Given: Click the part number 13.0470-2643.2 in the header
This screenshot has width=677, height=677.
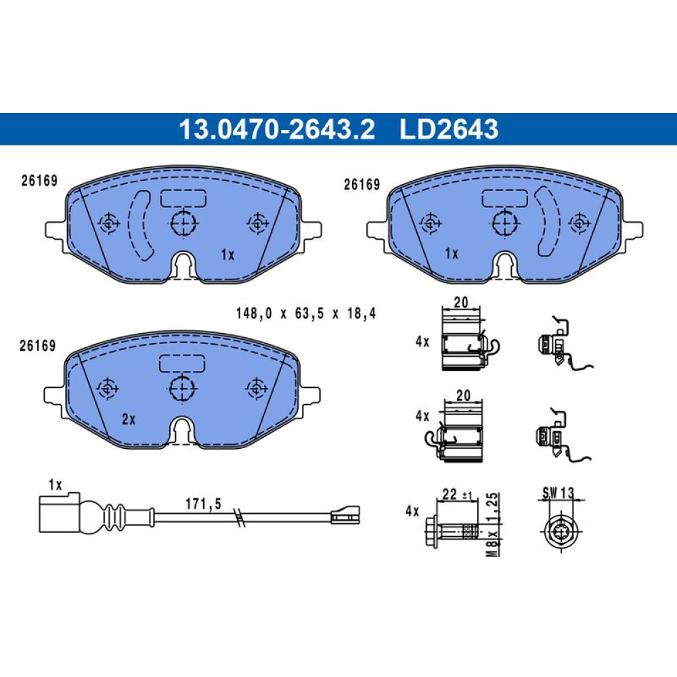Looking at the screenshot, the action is click(277, 129).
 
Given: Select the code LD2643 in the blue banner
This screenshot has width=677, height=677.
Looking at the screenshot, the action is click(449, 129).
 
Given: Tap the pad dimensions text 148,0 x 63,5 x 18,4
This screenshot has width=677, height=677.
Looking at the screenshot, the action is click(306, 313).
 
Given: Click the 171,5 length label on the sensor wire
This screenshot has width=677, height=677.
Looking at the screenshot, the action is click(203, 504).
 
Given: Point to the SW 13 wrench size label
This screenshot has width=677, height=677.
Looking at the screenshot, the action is click(559, 493).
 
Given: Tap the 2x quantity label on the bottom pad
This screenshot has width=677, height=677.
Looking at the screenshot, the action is click(129, 419).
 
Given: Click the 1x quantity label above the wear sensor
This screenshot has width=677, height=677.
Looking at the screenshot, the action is click(56, 485).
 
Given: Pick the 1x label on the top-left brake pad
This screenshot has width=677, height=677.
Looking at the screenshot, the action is click(227, 255).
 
